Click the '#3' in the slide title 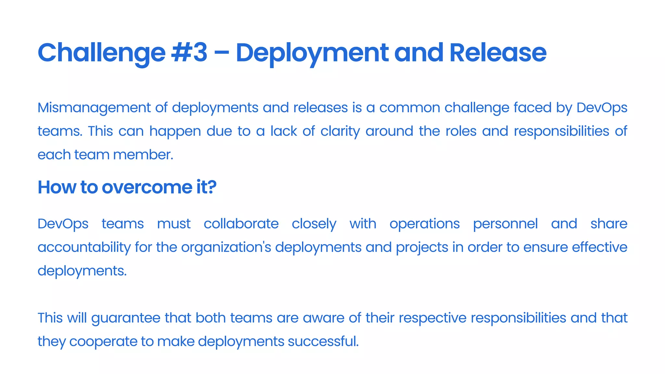click(x=189, y=53)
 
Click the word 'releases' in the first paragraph click(x=320, y=107)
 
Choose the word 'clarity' click(x=340, y=131)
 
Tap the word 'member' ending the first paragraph click(x=143, y=155)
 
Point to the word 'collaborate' click(x=241, y=224)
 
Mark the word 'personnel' click(x=505, y=224)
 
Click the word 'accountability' click(x=84, y=247)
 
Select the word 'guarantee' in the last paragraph click(x=126, y=318)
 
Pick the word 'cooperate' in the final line click(x=103, y=342)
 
